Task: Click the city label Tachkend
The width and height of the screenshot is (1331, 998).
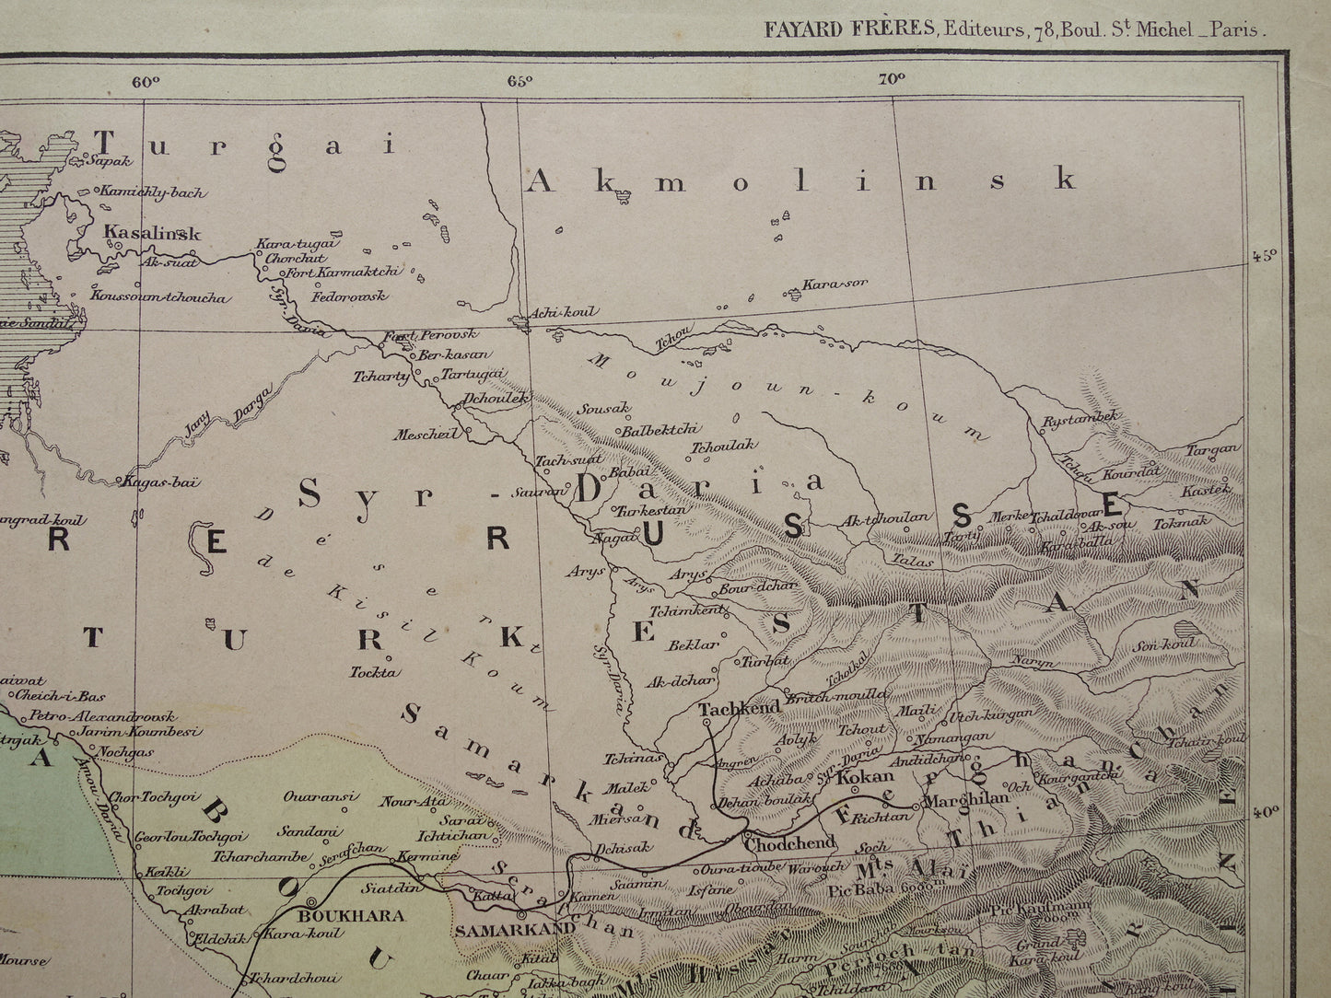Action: click(739, 709)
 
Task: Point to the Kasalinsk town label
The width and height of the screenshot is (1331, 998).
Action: click(152, 233)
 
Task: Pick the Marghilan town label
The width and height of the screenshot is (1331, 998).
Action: click(966, 799)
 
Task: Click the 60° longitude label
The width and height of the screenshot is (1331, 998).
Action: click(146, 81)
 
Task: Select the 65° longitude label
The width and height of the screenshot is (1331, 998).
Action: click(520, 81)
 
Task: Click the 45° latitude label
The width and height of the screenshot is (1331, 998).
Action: click(1265, 257)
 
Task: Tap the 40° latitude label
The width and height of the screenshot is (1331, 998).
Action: click(1265, 812)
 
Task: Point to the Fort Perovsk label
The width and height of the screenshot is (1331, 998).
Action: click(418, 336)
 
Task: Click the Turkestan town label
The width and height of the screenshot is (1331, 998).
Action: click(651, 509)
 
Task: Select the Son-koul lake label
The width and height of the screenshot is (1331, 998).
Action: click(1165, 644)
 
